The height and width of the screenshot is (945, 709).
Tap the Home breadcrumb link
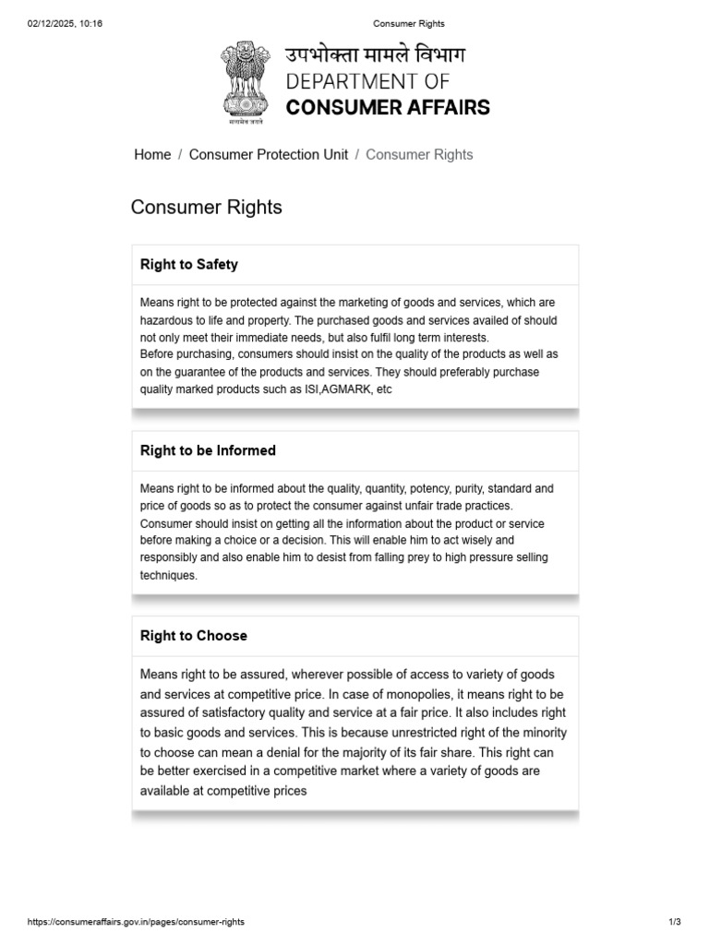click(152, 154)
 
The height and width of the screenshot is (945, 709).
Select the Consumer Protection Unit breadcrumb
click(268, 154)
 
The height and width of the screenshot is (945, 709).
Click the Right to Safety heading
click(188, 265)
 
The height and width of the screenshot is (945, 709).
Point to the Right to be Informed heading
click(208, 450)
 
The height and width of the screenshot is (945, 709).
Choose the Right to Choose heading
click(193, 636)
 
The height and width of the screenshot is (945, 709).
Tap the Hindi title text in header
click(376, 54)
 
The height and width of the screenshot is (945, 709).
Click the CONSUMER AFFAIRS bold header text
click(388, 107)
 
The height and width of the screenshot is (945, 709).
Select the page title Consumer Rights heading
click(207, 207)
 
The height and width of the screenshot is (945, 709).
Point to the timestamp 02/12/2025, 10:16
click(65, 23)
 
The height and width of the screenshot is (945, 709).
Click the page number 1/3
click(674, 922)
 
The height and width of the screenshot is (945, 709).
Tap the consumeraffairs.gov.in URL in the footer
click(136, 922)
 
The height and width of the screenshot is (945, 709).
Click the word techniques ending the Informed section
click(168, 575)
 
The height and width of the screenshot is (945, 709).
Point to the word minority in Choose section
click(541, 732)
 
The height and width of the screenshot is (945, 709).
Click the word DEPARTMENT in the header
click(354, 81)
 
